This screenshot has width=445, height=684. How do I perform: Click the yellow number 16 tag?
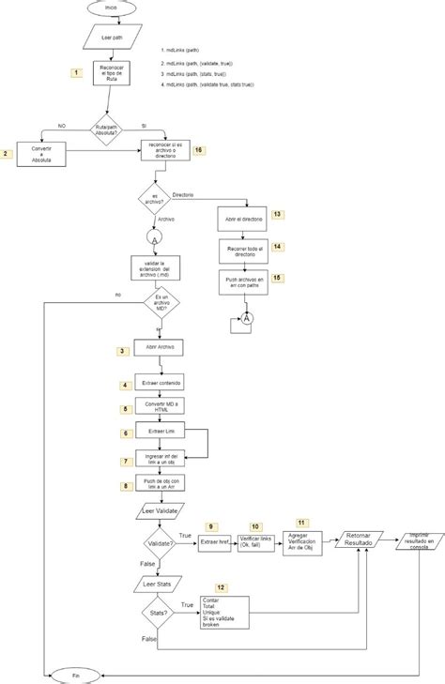coord(197,150)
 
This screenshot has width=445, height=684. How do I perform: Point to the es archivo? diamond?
coord(156,199)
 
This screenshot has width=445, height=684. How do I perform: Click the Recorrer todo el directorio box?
coord(244,250)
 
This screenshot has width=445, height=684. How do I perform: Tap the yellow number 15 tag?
coord(276,278)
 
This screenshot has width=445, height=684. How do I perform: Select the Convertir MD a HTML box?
coord(161,408)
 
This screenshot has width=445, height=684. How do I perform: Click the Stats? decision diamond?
coord(156,615)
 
